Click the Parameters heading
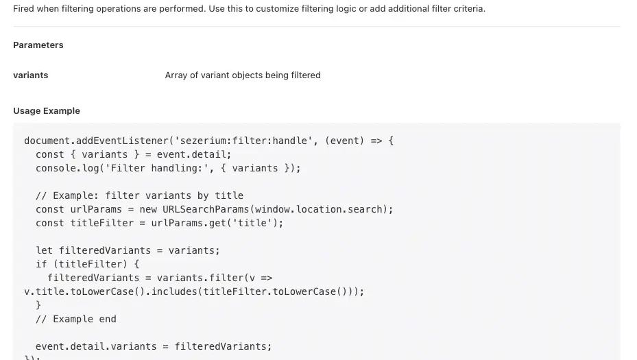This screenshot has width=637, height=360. pyautogui.click(x=38, y=45)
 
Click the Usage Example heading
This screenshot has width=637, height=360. pyautogui.click(x=47, y=111)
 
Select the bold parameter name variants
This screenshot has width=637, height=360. pyautogui.click(x=30, y=75)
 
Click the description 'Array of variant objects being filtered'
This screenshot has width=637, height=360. pyautogui.click(x=243, y=75)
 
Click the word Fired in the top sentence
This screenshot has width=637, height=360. pyautogui.click(x=23, y=8)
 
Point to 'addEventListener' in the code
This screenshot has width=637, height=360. pyautogui.click(x=122, y=141)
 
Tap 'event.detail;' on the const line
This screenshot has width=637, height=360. pyautogui.click(x=194, y=154)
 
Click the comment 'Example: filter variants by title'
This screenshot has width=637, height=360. pyautogui.click(x=148, y=195)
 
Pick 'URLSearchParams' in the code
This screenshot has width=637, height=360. pyautogui.click(x=206, y=209)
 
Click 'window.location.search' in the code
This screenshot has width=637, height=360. pyautogui.click(x=318, y=209)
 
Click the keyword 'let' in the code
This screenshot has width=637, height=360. pyautogui.click(x=45, y=250)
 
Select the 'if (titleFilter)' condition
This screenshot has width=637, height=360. pyautogui.click(x=82, y=264)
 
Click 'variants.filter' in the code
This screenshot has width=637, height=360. pyautogui.click(x=200, y=278)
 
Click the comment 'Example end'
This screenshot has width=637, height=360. pyautogui.click(x=84, y=319)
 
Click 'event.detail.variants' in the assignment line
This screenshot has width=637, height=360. pyautogui.click(x=96, y=346)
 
